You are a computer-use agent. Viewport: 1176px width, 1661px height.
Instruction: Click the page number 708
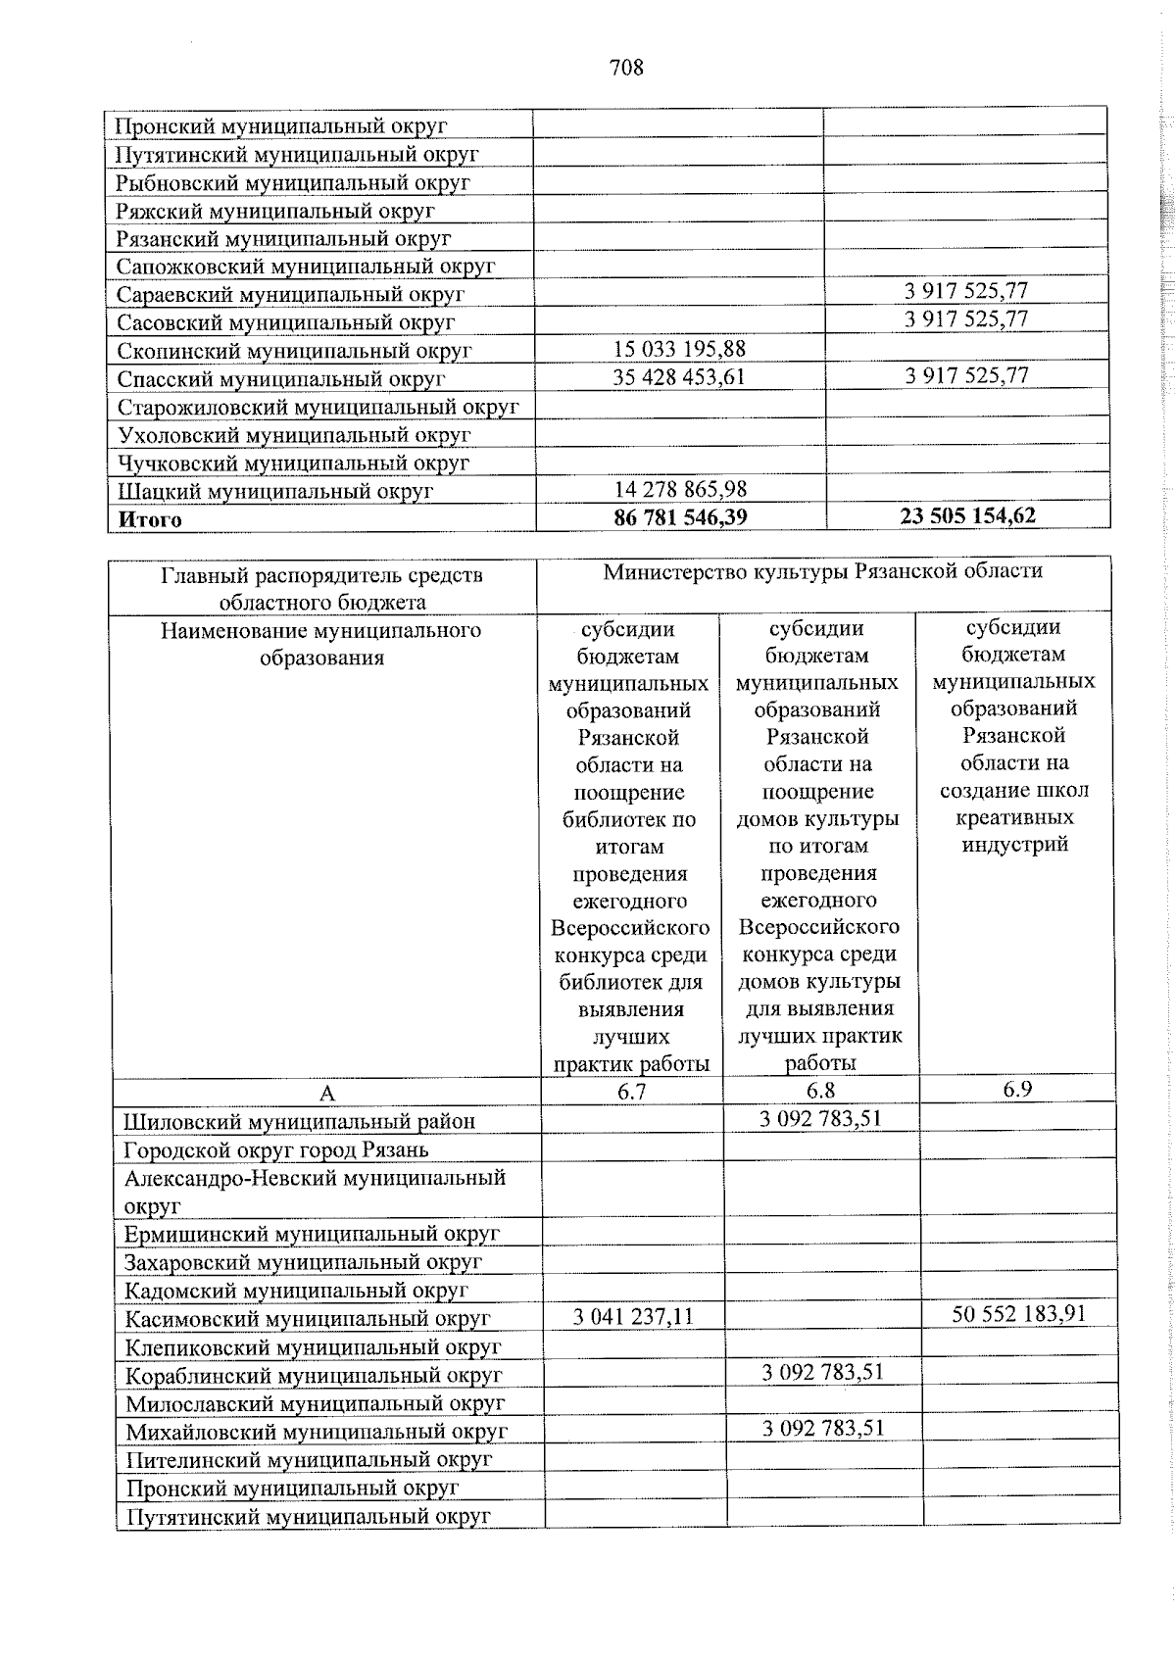626,68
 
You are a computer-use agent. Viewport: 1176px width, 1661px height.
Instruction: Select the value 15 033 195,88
679,349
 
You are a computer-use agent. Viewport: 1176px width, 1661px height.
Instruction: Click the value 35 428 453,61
679,377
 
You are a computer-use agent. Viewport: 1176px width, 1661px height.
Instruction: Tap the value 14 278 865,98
680,489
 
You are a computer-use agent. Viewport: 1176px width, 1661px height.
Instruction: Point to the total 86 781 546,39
680,516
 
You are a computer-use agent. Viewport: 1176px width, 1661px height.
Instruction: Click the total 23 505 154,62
967,515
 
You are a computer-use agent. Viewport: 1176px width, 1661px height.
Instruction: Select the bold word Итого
149,519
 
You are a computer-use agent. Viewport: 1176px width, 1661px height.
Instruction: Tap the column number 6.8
820,1090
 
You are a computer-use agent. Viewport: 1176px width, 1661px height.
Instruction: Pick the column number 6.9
1017,1089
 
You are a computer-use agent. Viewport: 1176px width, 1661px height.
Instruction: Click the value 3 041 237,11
633,1316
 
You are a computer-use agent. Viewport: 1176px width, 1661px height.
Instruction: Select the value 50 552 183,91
1019,1314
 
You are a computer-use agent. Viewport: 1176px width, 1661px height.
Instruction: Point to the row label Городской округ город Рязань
275,1149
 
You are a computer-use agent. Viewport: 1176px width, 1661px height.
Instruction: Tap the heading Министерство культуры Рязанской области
822,570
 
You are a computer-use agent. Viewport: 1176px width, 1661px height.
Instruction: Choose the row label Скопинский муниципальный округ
294,350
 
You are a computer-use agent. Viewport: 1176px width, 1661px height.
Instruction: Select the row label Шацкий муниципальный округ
274,491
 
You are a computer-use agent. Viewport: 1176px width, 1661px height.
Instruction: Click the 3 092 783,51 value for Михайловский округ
823,1428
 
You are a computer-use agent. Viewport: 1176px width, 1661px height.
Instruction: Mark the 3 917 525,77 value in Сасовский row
966,318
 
